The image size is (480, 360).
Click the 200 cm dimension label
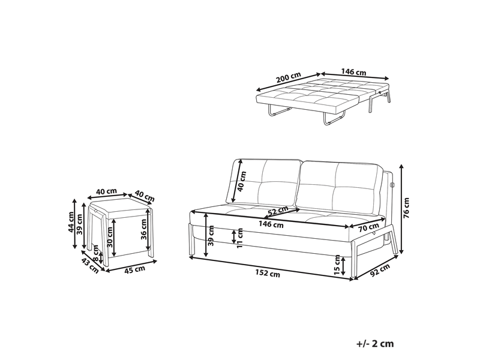289,78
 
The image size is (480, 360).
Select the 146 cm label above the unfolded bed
353,72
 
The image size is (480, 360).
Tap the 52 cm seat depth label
278,211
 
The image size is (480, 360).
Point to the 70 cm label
369,227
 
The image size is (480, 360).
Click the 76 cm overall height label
406,208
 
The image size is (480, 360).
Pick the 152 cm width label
268,274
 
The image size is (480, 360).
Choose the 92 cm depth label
380,270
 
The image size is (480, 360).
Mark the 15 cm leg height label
337,265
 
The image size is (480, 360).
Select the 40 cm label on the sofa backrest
242,181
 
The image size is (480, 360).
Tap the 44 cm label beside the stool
71,222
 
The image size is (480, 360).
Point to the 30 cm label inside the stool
110,237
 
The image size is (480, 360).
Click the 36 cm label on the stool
143,229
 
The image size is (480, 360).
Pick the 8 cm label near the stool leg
95,253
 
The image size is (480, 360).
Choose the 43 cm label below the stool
90,265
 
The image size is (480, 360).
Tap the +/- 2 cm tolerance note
375,343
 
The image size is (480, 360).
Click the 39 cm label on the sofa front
211,236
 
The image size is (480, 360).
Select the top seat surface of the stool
121,206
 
